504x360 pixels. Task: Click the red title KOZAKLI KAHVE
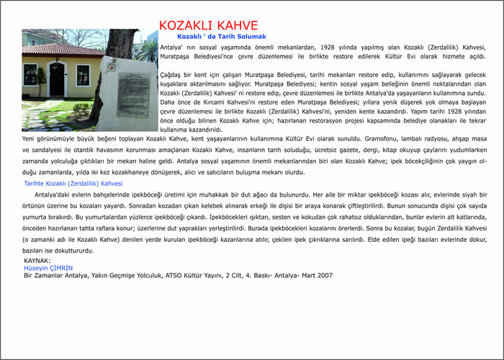[x=208, y=26]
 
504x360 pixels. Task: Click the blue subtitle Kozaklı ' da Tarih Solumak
[x=221, y=37]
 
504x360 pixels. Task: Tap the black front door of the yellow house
[x=56, y=79]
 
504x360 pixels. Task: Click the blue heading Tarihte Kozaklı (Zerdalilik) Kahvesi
[x=73, y=184]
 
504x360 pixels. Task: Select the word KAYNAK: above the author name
[x=37, y=260]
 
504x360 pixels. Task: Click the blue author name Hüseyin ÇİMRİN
[x=48, y=267]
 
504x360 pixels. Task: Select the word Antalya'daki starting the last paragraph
[x=54, y=195]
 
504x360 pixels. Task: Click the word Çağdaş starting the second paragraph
[x=171, y=73]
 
